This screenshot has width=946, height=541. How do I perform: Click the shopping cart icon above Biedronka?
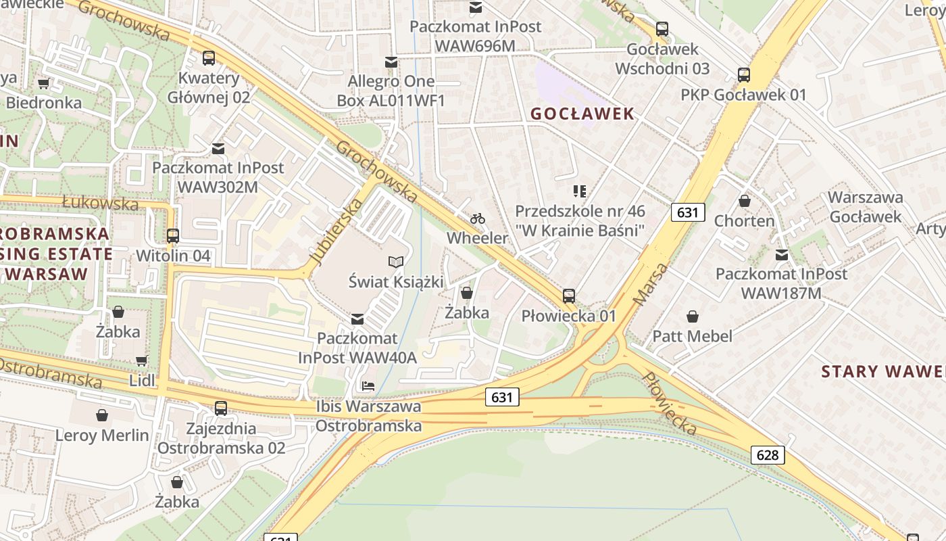coord(44,84)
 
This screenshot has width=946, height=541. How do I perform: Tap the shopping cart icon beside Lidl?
coord(142,361)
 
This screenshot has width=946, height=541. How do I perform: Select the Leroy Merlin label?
coord(102,435)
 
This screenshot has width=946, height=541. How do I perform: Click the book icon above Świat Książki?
coord(396,262)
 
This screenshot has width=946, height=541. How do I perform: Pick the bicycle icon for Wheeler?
coord(478,218)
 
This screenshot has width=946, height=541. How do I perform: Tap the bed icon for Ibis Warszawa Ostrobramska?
coord(368,386)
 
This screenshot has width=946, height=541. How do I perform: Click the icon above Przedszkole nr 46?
coord(580,191)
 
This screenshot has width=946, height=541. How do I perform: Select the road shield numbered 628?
coord(768,455)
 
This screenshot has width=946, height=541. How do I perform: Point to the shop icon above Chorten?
coord(745,202)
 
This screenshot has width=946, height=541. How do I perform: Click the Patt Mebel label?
coord(692,335)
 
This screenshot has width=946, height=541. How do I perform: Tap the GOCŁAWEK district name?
coord(582,114)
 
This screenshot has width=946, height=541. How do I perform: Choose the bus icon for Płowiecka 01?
coord(569,296)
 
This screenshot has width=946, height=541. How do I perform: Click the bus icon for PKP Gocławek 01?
coord(744,75)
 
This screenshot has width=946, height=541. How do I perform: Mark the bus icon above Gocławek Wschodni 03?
coord(662,30)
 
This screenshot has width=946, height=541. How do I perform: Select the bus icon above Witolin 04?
coord(173,236)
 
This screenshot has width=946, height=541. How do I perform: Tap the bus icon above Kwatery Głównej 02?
coord(209,58)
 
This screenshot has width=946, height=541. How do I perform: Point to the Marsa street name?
coord(651,284)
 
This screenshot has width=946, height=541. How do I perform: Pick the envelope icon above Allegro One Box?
coord(391,63)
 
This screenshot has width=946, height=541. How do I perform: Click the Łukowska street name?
coord(100,202)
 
